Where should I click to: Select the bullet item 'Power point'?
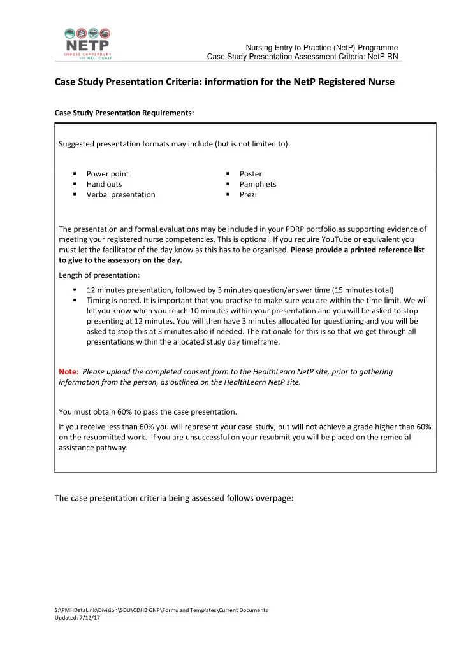click(x=107, y=174)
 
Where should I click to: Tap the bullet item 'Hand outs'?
click(x=104, y=184)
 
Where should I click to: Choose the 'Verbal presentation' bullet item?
click(x=120, y=194)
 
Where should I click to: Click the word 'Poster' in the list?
click(x=251, y=174)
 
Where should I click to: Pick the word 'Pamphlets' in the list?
click(x=258, y=184)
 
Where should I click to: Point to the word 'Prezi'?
click(x=248, y=194)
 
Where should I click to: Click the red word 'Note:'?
click(x=68, y=371)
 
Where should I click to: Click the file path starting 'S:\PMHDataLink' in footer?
click(x=163, y=610)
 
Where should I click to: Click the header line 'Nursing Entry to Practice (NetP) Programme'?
click(x=323, y=48)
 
